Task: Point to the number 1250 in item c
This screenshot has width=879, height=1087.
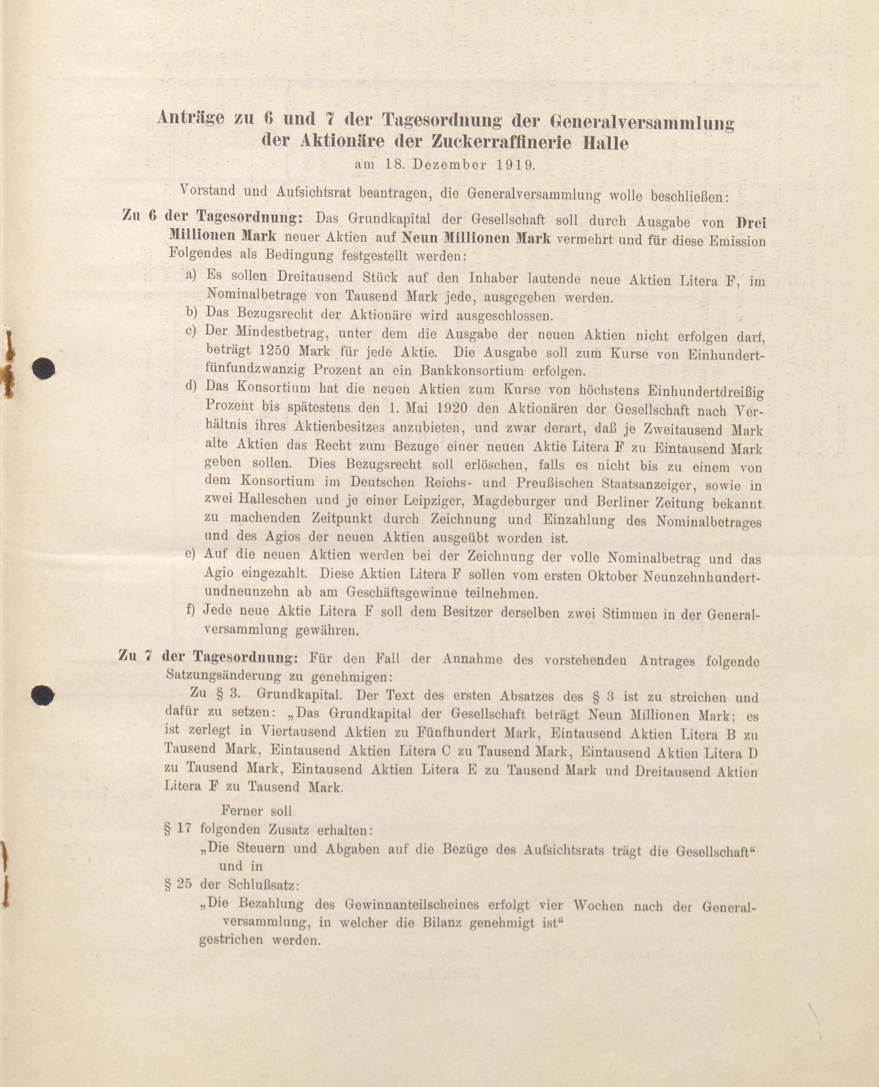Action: pyautogui.click(x=277, y=351)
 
